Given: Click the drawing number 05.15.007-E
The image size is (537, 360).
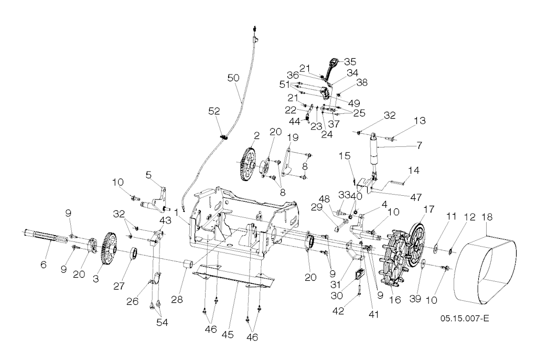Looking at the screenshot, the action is click(x=465, y=319).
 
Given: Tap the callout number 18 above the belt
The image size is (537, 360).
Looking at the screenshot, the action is click(x=487, y=217).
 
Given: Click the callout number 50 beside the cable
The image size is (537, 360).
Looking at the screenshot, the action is click(x=233, y=78).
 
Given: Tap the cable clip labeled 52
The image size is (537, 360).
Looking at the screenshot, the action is click(x=224, y=137).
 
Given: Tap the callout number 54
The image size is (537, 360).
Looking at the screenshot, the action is click(x=162, y=322).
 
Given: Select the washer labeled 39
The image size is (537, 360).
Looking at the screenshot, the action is click(x=423, y=263).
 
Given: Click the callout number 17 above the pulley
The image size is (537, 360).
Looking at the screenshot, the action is click(x=429, y=209).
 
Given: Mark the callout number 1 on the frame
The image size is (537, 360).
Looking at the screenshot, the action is click(x=177, y=213).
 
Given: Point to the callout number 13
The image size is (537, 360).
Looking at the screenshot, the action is click(x=420, y=120).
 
